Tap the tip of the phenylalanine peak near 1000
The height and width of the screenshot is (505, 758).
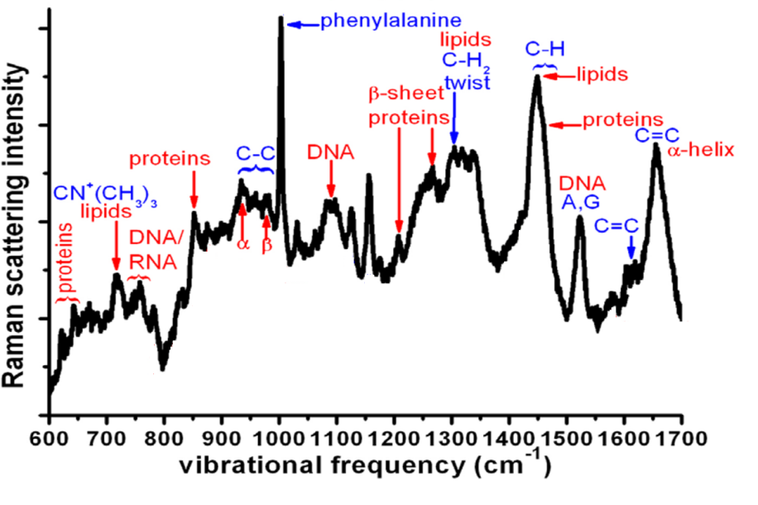(281, 18)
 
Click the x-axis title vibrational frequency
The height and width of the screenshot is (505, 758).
(365, 467)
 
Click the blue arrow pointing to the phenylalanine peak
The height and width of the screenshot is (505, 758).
(302, 25)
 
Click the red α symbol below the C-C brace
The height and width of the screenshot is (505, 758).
(242, 246)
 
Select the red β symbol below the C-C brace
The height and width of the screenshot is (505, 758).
(266, 246)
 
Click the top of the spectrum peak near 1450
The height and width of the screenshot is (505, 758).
(537, 77)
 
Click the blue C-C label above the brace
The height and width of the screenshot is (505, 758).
(256, 153)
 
